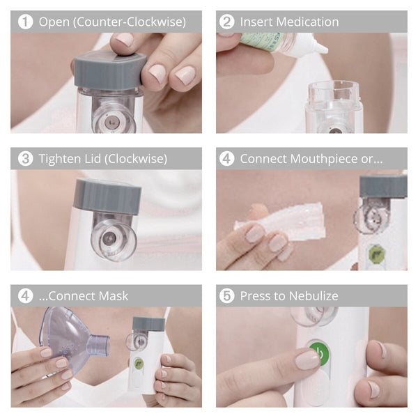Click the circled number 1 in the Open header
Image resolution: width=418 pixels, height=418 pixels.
[25, 22]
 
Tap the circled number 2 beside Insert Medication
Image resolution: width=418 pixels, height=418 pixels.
[227, 22]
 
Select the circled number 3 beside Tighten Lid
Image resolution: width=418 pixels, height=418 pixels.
[25, 158]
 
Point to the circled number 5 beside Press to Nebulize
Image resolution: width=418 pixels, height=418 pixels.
[227, 295]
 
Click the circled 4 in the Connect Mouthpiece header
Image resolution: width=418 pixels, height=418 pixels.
[227, 158]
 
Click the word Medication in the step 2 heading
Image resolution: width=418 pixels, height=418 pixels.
[308, 22]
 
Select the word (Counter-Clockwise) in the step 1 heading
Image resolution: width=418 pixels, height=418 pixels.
[130, 22]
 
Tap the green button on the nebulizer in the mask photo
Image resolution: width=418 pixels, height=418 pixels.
[139, 364]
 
